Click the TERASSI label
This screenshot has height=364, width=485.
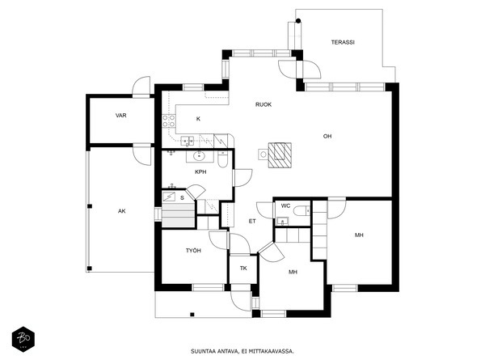(x=343, y=42)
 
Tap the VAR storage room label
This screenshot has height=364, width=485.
(x=121, y=116)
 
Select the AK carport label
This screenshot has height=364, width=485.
(x=122, y=211)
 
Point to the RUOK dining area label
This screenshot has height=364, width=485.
(x=264, y=104)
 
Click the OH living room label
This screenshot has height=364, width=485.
(x=327, y=136)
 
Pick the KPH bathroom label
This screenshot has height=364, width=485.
(x=200, y=172)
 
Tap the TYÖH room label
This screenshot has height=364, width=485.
(x=193, y=251)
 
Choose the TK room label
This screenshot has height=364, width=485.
(x=243, y=269)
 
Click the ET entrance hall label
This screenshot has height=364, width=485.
(x=252, y=222)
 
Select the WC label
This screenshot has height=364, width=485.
(x=285, y=205)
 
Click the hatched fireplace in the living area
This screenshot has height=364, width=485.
(x=280, y=155)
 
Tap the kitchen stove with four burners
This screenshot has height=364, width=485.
(x=169, y=121)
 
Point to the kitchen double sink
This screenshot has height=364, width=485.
(x=188, y=141)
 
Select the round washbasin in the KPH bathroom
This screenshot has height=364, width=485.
(x=199, y=156)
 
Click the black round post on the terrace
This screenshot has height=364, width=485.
(x=298, y=21)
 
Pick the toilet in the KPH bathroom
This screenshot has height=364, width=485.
(x=223, y=159)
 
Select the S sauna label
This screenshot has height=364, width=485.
(x=182, y=198)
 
